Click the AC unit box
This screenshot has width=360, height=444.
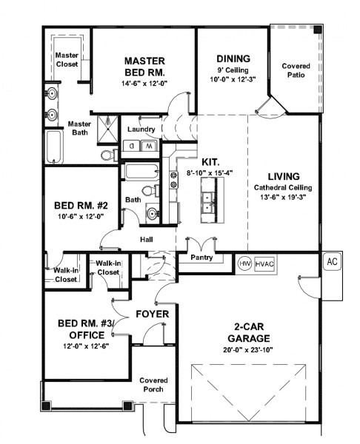[332, 262]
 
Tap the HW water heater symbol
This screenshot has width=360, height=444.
[244, 263]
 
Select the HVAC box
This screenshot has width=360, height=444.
[264, 263]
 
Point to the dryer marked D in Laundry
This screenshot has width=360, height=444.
[133, 147]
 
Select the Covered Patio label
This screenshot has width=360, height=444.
[296, 71]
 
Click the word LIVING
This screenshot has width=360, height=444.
[284, 176]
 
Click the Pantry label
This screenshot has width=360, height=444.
[201, 258]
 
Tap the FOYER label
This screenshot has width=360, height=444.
[152, 314]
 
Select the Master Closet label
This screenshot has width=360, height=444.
[67, 58]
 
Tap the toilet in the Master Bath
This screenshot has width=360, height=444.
[107, 155]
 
